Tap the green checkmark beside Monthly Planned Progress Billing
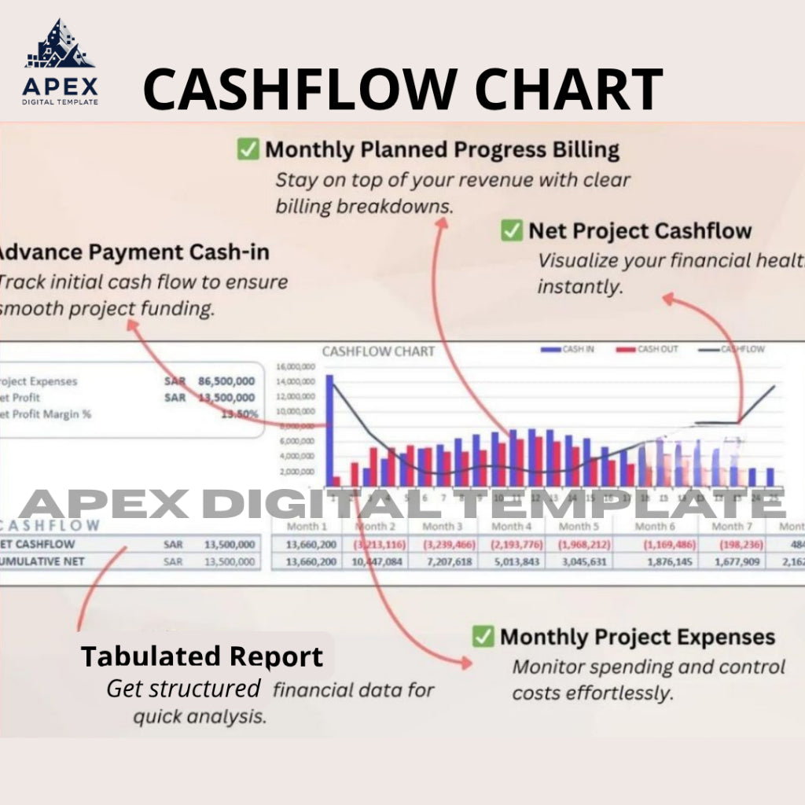click(248, 149)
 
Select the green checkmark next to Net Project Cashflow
click(512, 230)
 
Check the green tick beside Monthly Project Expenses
click(483, 636)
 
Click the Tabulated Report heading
click(202, 656)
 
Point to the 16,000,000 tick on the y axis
click(296, 367)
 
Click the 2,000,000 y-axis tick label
click(298, 472)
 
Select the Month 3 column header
click(442, 526)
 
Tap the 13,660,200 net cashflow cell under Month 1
click(311, 544)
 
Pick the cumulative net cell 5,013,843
click(510, 561)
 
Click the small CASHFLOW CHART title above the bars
click(378, 351)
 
